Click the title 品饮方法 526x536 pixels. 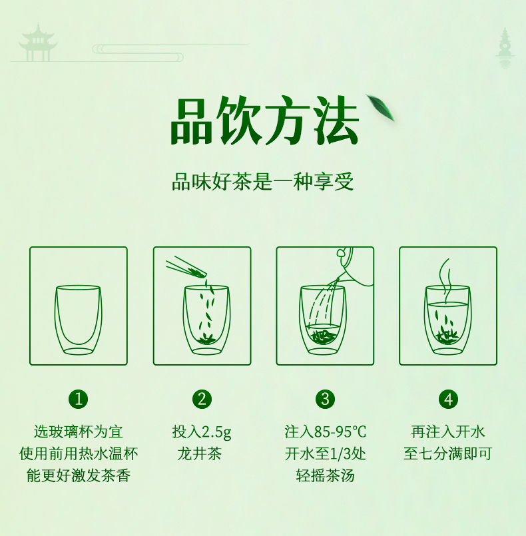pyautogui.click(x=264, y=121)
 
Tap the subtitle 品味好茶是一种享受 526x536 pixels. pyautogui.click(x=262, y=182)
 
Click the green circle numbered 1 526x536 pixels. pyautogui.click(x=79, y=399)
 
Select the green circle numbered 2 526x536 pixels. pyautogui.click(x=202, y=399)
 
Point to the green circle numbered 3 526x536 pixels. pyautogui.click(x=325, y=399)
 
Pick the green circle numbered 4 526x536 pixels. pyautogui.click(x=448, y=399)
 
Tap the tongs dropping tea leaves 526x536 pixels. pyautogui.click(x=186, y=267)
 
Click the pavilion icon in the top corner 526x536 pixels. pyautogui.click(x=37, y=43)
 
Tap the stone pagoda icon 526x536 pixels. pyautogui.click(x=505, y=48)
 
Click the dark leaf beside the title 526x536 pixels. pyautogui.click(x=380, y=107)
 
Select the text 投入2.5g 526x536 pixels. pyautogui.click(x=202, y=431)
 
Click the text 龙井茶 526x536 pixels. pyautogui.click(x=200, y=453)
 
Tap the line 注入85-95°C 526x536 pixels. pyautogui.click(x=326, y=431)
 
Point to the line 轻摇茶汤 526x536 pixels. pyautogui.click(x=326, y=475)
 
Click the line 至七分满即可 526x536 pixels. pyautogui.click(x=447, y=453)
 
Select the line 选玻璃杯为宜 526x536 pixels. pyautogui.click(x=79, y=431)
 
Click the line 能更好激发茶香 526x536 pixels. pyautogui.click(x=79, y=475)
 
